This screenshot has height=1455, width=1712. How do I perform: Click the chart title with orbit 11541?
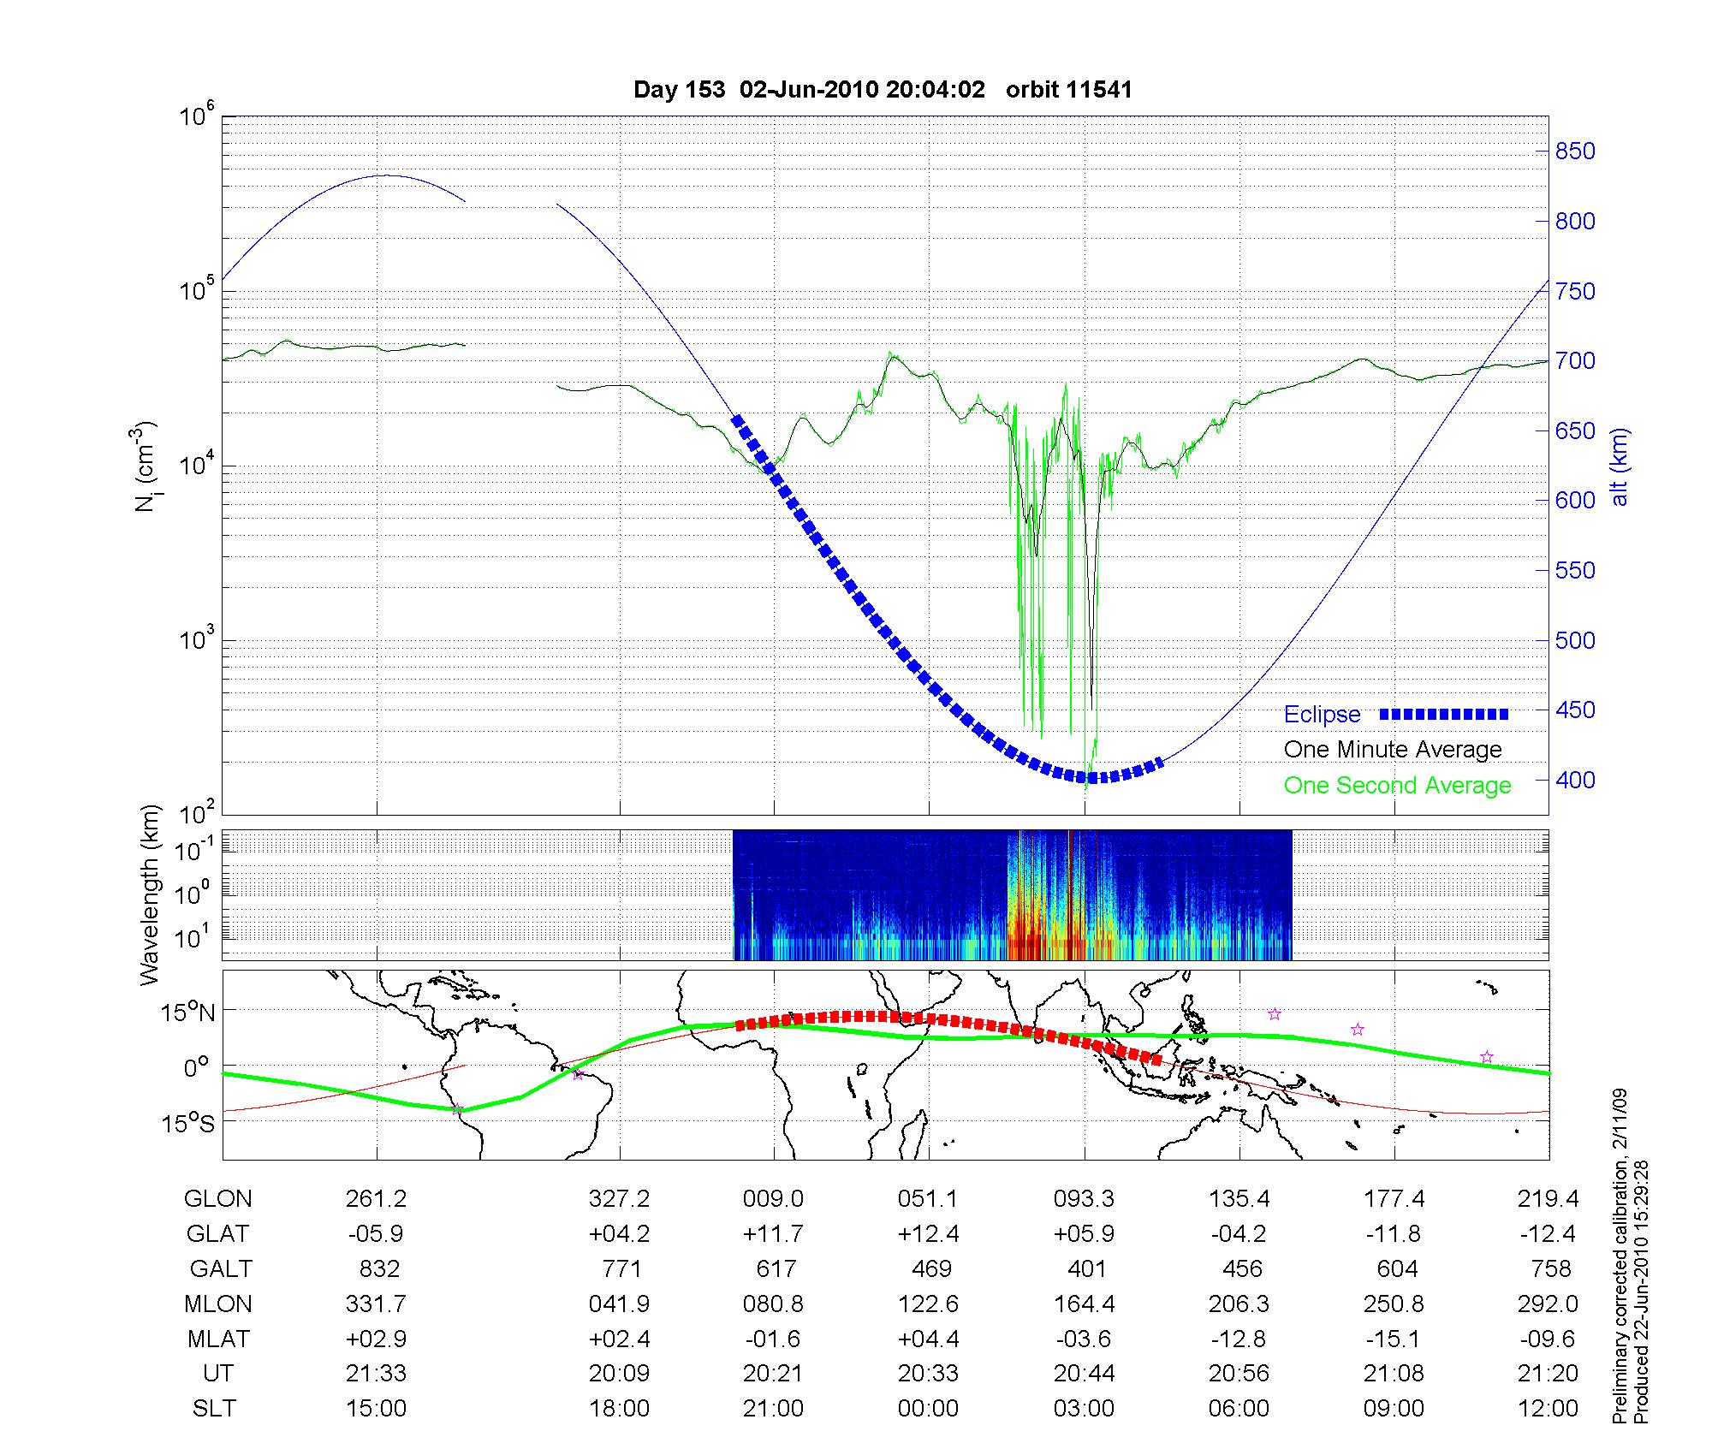click(x=883, y=90)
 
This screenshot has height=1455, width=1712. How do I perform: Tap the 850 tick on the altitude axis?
click(x=1575, y=151)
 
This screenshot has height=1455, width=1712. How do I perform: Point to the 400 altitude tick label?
click(x=1575, y=780)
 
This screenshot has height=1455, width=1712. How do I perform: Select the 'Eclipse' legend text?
click(x=1322, y=715)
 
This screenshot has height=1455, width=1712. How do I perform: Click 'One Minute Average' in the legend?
click(x=1393, y=750)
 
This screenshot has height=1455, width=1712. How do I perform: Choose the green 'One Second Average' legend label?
click(x=1397, y=786)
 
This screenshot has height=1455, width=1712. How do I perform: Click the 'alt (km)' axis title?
click(x=1620, y=466)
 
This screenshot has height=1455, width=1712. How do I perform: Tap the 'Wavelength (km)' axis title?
click(x=150, y=894)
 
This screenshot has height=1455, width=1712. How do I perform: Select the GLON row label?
click(x=217, y=1199)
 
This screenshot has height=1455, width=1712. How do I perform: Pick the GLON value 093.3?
click(x=1084, y=1199)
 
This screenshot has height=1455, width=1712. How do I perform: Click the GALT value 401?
click(x=1087, y=1268)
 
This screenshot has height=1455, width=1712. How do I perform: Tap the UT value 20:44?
click(x=1084, y=1374)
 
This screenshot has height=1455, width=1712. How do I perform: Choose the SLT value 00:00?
click(x=929, y=1409)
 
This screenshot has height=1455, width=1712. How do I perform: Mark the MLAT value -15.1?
click(x=1394, y=1339)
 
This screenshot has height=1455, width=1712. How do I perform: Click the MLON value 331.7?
click(x=376, y=1304)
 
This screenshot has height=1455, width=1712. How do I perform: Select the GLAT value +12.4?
click(x=929, y=1234)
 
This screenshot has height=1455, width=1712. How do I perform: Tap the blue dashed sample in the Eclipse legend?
click(x=1443, y=714)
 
